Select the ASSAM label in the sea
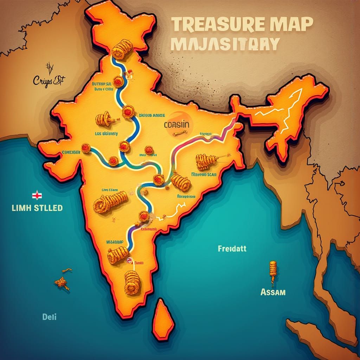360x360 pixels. click(x=273, y=292)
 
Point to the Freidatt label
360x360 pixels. click(x=232, y=249)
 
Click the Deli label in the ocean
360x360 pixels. click(x=49, y=316)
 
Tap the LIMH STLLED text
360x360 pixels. click(x=37, y=208)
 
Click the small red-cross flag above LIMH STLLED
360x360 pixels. click(x=35, y=195)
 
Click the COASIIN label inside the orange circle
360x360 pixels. click(x=176, y=124)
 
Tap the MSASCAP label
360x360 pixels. click(x=115, y=242)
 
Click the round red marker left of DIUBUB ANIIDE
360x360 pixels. click(x=128, y=112)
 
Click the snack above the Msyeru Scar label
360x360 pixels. click(x=206, y=161)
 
